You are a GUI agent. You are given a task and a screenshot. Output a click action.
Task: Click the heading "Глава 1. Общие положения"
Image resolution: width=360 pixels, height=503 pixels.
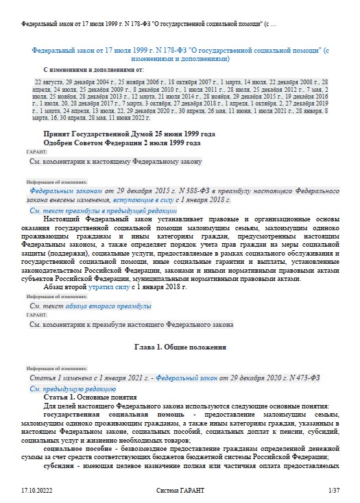[180, 347]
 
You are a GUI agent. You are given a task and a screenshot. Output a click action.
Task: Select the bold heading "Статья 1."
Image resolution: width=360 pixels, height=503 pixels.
[59, 397]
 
